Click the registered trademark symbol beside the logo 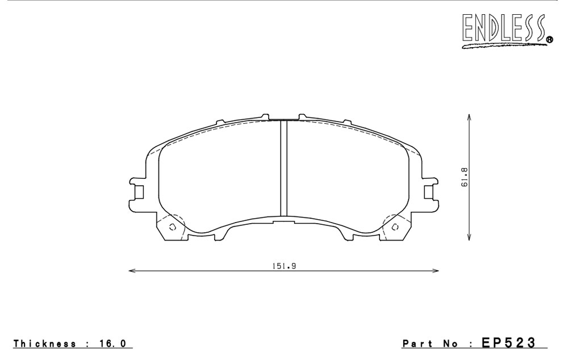click(549, 40)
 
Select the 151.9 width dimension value click(285, 266)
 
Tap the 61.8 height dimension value click(465, 177)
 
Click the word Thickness click(45, 344)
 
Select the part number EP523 click(508, 342)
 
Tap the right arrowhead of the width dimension click(436, 270)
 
